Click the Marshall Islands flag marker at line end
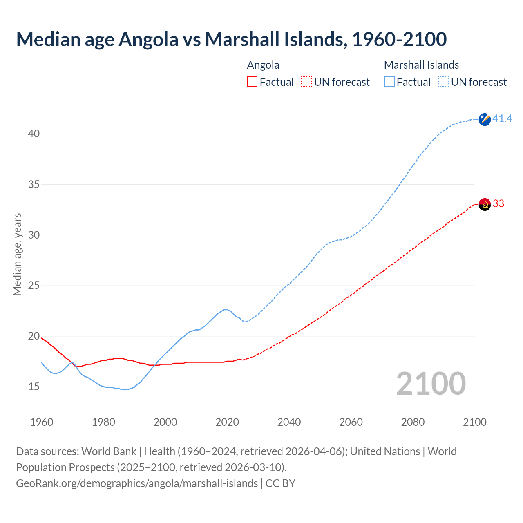click(485, 119)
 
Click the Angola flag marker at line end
click(485, 204)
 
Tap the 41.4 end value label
click(502, 119)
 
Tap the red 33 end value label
click(498, 203)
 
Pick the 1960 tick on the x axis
click(42, 422)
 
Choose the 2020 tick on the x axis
click(227, 422)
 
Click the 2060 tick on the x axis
click(351, 422)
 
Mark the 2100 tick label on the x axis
click(475, 422)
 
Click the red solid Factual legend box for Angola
click(252, 82)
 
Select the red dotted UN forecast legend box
click(306, 82)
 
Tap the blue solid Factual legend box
click(389, 82)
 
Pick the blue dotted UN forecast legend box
click(444, 82)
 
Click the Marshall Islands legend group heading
click(421, 65)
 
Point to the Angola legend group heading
click(263, 65)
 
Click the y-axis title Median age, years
click(17, 254)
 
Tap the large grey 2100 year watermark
click(431, 383)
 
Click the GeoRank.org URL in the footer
click(137, 483)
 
